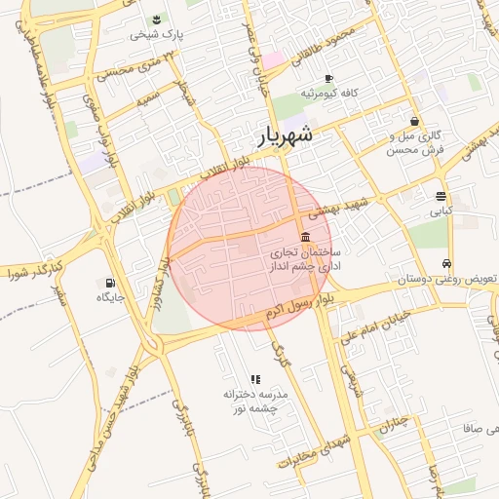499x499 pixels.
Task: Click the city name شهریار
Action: pyautogui.click(x=285, y=134)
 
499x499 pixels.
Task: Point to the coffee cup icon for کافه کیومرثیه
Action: pyautogui.click(x=328, y=78)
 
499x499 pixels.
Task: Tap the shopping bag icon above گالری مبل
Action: pyautogui.click(x=415, y=122)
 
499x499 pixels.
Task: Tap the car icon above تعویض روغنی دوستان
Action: pyautogui.click(x=446, y=263)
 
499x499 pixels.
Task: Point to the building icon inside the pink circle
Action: pyautogui.click(x=306, y=239)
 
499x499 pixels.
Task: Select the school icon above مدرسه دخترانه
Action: pyautogui.click(x=255, y=379)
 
